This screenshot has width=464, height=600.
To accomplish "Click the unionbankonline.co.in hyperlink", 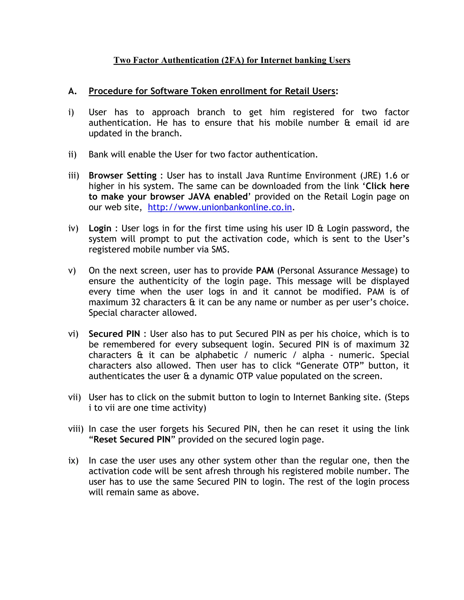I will click(219, 207).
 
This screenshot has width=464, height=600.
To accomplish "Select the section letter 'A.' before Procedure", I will click(72, 91).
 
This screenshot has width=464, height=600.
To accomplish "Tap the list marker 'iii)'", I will click(73, 175).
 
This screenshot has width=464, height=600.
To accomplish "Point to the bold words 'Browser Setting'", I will click(122, 175).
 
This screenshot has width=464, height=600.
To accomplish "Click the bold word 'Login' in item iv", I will click(100, 228).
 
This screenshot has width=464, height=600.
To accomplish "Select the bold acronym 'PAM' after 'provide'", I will click(265, 271).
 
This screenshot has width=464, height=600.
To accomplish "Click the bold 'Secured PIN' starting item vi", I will click(114, 334).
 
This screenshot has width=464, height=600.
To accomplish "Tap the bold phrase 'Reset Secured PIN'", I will click(132, 439).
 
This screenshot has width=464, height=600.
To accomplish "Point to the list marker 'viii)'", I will click(76, 429).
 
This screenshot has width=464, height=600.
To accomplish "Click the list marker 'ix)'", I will click(73, 461).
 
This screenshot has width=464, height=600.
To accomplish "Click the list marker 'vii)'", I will click(75, 397).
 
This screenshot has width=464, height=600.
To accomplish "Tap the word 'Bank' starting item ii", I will click(98, 154).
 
